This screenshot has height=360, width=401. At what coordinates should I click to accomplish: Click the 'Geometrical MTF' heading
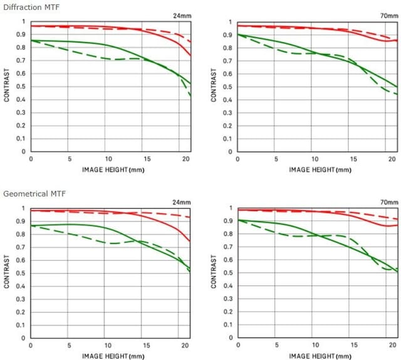(x=29, y=194)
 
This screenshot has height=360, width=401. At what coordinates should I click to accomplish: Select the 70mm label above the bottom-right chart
(x=388, y=202)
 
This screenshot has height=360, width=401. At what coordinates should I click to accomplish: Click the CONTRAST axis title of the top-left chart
(x=6, y=87)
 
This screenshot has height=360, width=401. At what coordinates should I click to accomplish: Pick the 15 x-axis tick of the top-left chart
(x=147, y=159)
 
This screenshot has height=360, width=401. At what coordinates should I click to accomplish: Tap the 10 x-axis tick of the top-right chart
(x=315, y=159)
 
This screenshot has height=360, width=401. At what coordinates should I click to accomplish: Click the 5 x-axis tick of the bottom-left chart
(x=70, y=346)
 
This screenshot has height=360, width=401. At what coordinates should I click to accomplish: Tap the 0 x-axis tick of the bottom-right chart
(x=237, y=346)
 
